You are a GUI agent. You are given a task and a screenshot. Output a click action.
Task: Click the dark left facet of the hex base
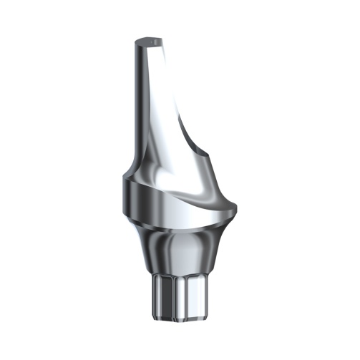[157, 297]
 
